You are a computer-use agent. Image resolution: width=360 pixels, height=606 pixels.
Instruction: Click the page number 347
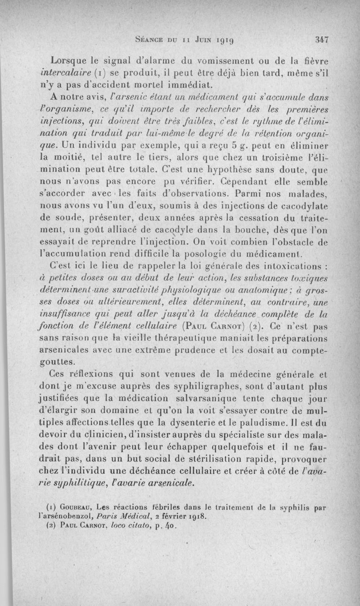click(323, 39)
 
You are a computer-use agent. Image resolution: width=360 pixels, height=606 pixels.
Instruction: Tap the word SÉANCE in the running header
click(151, 40)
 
